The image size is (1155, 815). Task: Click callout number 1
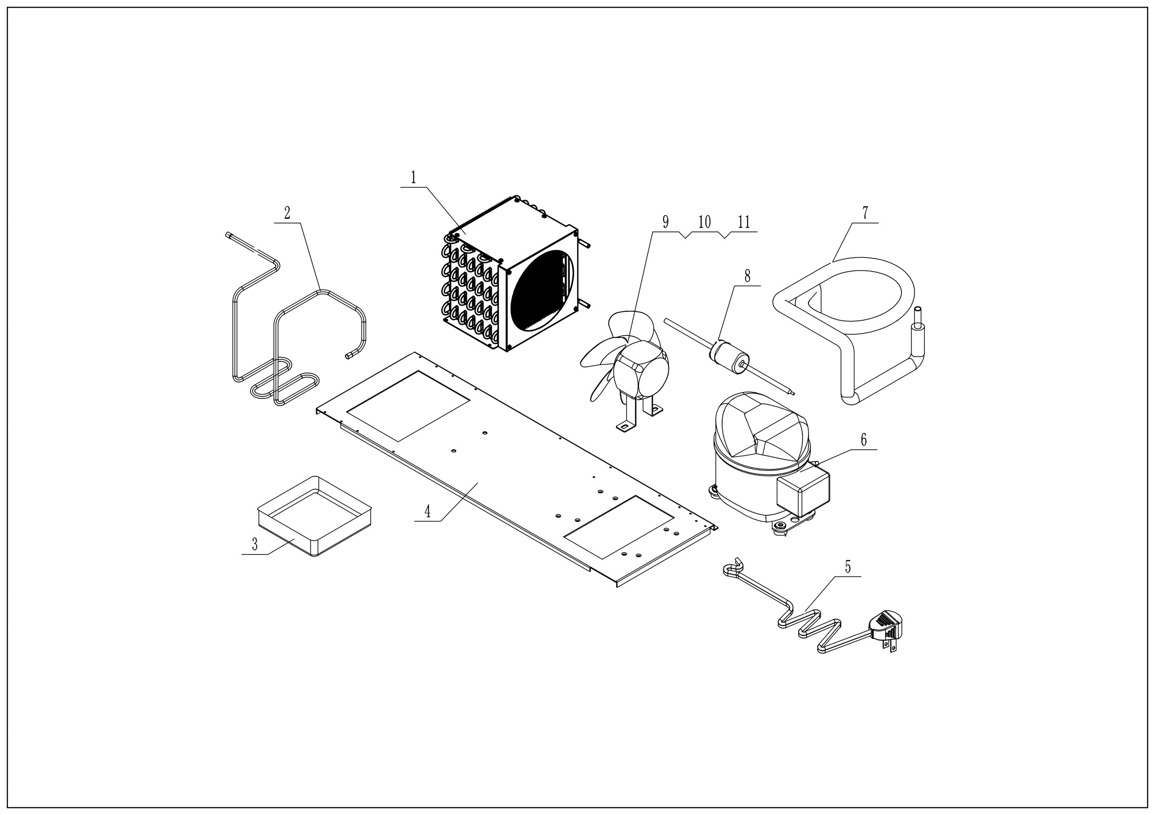coord(413,178)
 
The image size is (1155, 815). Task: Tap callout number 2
coord(287,213)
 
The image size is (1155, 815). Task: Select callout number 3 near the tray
coord(255,545)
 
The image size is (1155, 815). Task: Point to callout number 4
coord(428,512)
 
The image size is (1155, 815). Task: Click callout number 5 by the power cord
coord(847,567)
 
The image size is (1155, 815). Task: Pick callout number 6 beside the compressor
coord(864,440)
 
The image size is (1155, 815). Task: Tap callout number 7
coord(865,213)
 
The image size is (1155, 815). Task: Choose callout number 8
coord(747,276)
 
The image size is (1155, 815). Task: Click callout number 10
coord(704,222)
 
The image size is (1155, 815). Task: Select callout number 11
coord(744,222)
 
